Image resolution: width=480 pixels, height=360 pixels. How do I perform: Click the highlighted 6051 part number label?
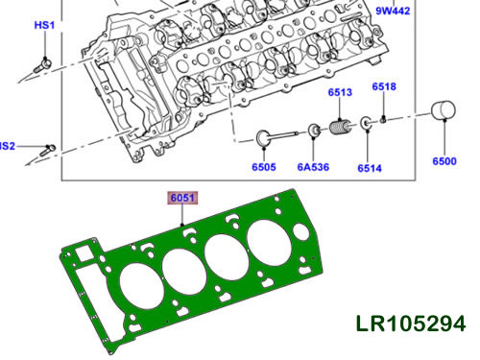pos(182,198)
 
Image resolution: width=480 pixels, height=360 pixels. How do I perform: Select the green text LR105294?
pos(408,323)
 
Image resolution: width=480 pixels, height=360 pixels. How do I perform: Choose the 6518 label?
pos(384,87)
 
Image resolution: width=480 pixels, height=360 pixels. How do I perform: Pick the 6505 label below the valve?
pos(265,165)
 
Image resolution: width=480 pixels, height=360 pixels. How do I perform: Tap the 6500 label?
pos(444,162)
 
